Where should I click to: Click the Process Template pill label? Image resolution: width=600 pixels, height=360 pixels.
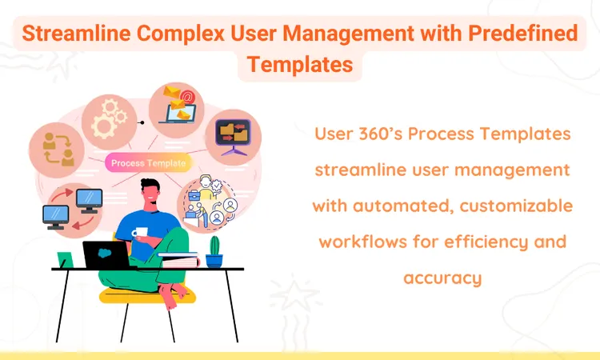[x=148, y=163]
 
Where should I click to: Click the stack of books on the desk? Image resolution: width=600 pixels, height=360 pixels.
[x=178, y=258]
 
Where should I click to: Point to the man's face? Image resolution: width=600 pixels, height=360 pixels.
[x=151, y=197]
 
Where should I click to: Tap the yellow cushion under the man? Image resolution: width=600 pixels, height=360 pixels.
[x=148, y=295]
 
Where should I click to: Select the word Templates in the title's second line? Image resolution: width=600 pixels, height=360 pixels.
[x=300, y=64]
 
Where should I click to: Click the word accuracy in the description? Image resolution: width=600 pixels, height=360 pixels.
[x=442, y=278]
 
